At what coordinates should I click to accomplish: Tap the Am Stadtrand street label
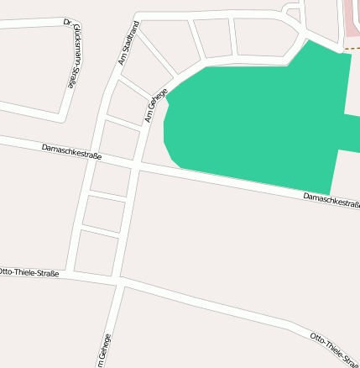coord(128,45)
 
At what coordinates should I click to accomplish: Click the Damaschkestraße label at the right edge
coord(331,200)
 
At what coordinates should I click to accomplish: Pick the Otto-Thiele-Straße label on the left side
coord(29,271)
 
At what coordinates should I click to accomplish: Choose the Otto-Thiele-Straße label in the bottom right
coord(334,346)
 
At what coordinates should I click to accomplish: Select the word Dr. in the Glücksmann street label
coord(67,23)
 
